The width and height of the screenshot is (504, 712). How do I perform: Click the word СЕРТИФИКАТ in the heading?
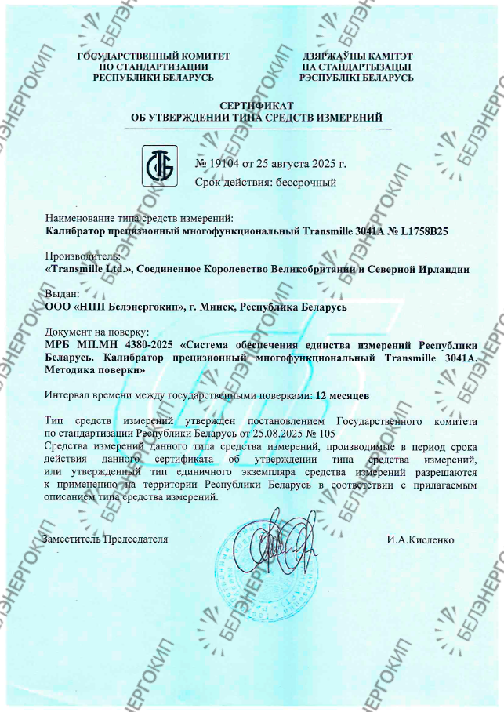[256, 105]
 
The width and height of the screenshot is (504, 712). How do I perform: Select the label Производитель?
[82, 256]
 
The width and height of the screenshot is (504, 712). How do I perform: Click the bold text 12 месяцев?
[342, 395]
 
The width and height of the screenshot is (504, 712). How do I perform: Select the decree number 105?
[326, 432]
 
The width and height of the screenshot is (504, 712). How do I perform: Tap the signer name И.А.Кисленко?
[420, 540]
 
